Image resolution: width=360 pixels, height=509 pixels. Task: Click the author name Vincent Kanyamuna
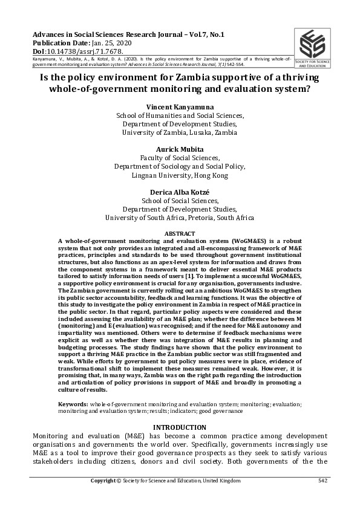(x=180, y=106)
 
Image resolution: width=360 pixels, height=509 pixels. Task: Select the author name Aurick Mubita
(x=180, y=149)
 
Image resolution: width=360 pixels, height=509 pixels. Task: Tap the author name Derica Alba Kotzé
(x=180, y=192)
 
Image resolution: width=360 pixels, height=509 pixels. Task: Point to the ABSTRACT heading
(x=180, y=233)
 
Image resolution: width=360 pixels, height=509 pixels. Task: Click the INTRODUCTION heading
(x=180, y=427)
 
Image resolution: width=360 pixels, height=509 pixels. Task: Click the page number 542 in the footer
(x=322, y=481)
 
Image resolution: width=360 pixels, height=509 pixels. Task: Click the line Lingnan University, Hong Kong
(x=180, y=175)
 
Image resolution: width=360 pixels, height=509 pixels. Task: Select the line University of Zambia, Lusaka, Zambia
(x=180, y=132)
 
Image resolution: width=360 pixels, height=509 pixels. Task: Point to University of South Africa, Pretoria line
(x=180, y=218)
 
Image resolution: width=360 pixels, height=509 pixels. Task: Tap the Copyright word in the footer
(x=103, y=481)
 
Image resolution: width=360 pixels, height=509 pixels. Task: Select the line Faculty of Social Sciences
(x=180, y=158)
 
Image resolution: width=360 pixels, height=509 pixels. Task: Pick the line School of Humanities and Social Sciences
(x=180, y=115)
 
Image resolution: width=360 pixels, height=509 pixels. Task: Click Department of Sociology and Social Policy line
(x=180, y=166)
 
